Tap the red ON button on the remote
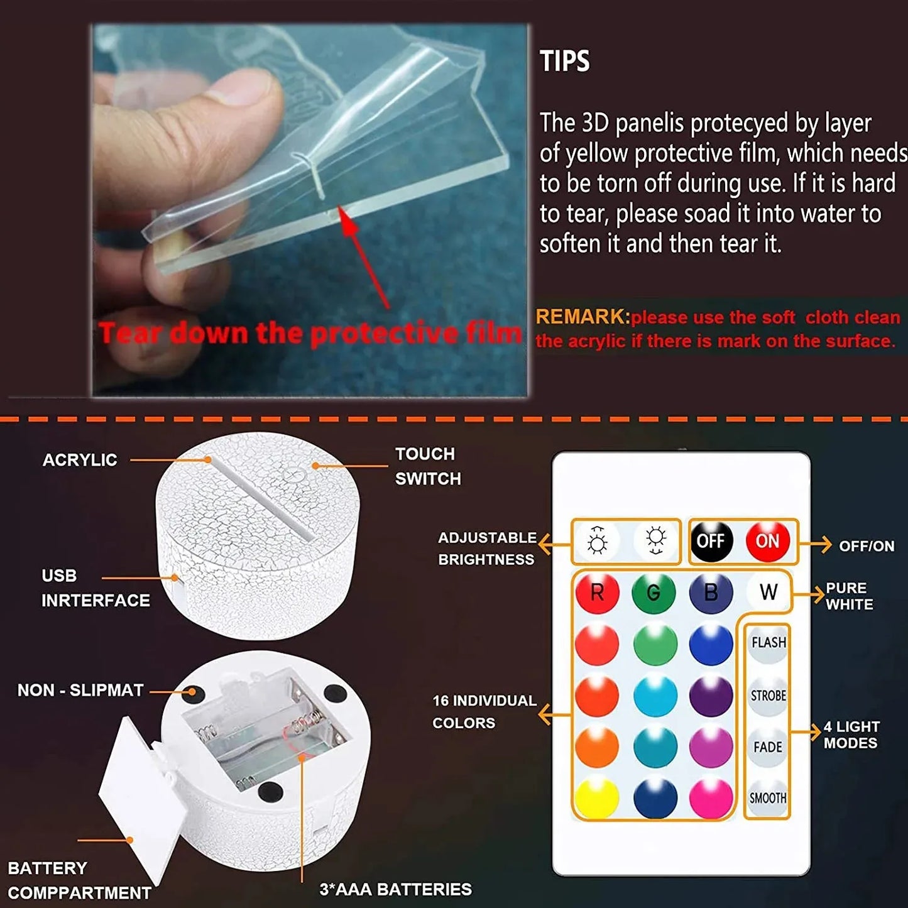pos(767,540)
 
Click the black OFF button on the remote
pos(711,540)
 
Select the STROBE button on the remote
pos(768,696)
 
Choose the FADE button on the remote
pos(768,747)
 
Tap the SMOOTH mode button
pos(768,798)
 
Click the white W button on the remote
pos(768,592)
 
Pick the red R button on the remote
pos(597,593)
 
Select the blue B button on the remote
pos(711,593)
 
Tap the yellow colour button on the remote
pos(596,799)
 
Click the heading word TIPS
pos(565,62)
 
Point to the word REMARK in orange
pos(582,317)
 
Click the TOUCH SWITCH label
pos(427,466)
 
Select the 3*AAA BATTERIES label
pos(395,889)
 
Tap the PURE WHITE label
pos(849,596)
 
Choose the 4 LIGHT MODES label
pos(851,735)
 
